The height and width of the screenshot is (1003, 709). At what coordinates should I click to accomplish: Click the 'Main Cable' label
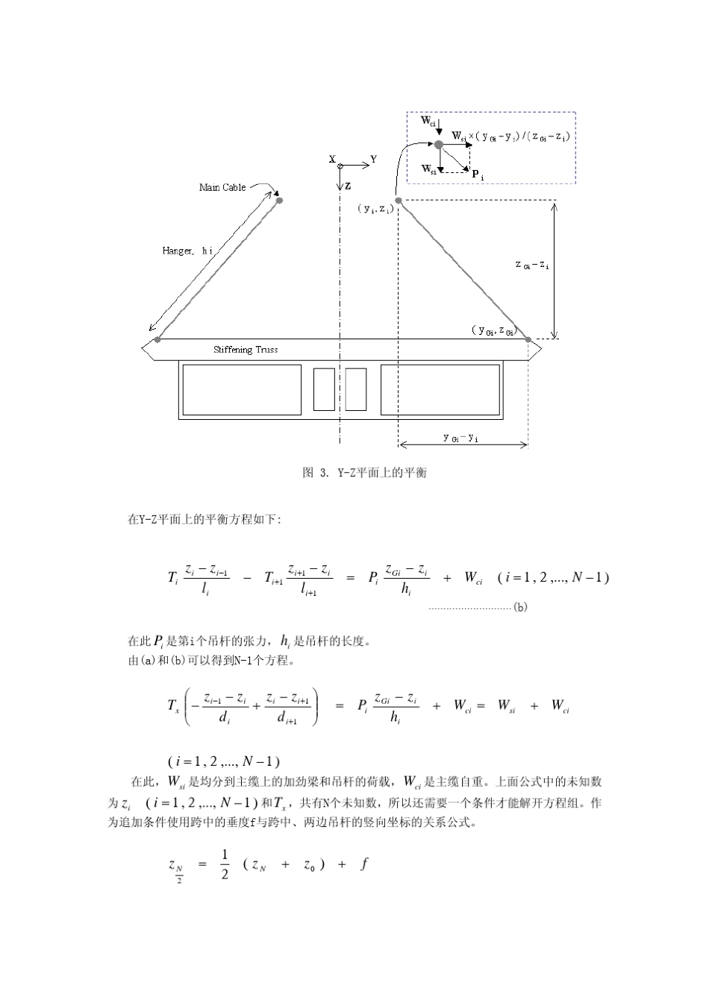222,187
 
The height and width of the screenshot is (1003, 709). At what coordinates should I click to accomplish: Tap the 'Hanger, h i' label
187,251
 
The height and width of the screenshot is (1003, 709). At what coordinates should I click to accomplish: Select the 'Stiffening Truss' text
246,350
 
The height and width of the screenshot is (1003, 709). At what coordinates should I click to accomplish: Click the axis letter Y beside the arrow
374,159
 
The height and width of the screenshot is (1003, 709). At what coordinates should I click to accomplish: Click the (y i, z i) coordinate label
375,209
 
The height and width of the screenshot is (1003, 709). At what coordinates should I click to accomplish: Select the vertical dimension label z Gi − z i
532,265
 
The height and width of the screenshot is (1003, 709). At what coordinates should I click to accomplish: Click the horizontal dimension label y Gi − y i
460,438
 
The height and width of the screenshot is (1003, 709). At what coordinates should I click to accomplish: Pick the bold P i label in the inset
478,175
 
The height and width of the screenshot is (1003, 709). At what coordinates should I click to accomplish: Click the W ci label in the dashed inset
427,121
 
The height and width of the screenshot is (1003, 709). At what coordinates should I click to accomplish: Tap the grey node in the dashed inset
439,144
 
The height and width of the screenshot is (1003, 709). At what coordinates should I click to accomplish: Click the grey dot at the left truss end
157,340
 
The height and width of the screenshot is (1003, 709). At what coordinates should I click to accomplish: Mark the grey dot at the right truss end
528,339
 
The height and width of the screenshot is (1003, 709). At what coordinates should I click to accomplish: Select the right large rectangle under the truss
440,389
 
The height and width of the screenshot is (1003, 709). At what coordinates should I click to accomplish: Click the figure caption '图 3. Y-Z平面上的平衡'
364,473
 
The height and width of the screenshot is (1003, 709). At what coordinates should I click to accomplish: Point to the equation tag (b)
520,607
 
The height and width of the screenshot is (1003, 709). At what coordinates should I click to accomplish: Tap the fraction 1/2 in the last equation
225,865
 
